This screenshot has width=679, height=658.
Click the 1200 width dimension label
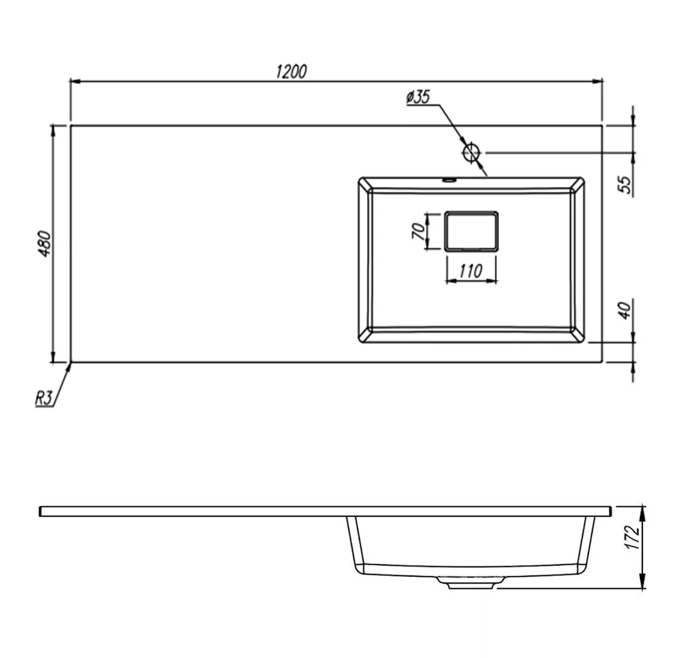click(291, 71)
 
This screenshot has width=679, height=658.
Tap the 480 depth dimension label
click(45, 243)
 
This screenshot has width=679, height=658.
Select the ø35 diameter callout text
click(419, 97)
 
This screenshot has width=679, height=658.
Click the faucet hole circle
click(471, 152)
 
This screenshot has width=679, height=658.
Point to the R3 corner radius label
click(44, 398)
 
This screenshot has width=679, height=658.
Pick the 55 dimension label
click(624, 185)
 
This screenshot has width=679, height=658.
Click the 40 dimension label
click(624, 310)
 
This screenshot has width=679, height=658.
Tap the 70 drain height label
click(418, 231)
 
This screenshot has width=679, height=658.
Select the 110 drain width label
click(470, 271)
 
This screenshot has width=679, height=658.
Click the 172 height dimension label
click(632, 537)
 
